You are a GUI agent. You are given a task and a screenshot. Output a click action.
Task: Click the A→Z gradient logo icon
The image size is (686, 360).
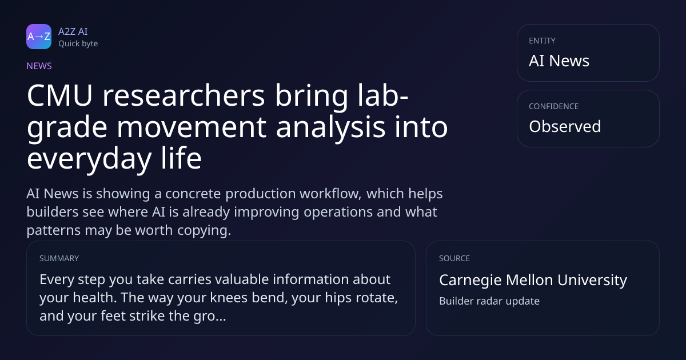point(39,37)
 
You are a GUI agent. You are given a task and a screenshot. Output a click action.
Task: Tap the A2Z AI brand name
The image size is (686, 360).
point(73,31)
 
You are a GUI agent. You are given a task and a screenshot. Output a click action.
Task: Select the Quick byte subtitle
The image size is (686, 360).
point(78,44)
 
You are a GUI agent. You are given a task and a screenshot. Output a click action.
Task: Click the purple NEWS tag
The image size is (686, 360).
point(39,66)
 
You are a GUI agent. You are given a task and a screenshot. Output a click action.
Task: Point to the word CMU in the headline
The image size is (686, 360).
point(59,95)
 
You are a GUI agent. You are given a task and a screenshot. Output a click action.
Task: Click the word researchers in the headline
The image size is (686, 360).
point(184,95)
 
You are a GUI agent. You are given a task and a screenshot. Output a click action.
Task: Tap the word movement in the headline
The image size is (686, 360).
point(192,127)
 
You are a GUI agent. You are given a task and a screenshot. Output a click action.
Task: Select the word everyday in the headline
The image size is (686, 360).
point(89,159)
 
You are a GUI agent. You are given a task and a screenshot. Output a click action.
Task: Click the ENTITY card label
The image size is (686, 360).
point(542,41)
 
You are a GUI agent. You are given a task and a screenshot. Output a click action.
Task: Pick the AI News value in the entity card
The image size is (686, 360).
point(559,61)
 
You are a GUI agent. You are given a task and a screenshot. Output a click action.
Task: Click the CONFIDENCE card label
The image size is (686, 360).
point(554,106)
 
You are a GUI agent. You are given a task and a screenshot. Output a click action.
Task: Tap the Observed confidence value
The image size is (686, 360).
point(565,126)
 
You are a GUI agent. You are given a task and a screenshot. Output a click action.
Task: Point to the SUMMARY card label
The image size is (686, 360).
point(59,258)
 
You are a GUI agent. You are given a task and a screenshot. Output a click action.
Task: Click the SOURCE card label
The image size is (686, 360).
point(454,258)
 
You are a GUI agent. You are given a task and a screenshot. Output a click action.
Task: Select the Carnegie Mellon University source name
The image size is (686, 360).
point(533,280)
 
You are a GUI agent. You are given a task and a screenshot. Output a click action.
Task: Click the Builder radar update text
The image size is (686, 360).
point(489,301)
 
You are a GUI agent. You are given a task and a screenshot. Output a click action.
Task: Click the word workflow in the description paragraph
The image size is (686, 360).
point(331,194)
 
